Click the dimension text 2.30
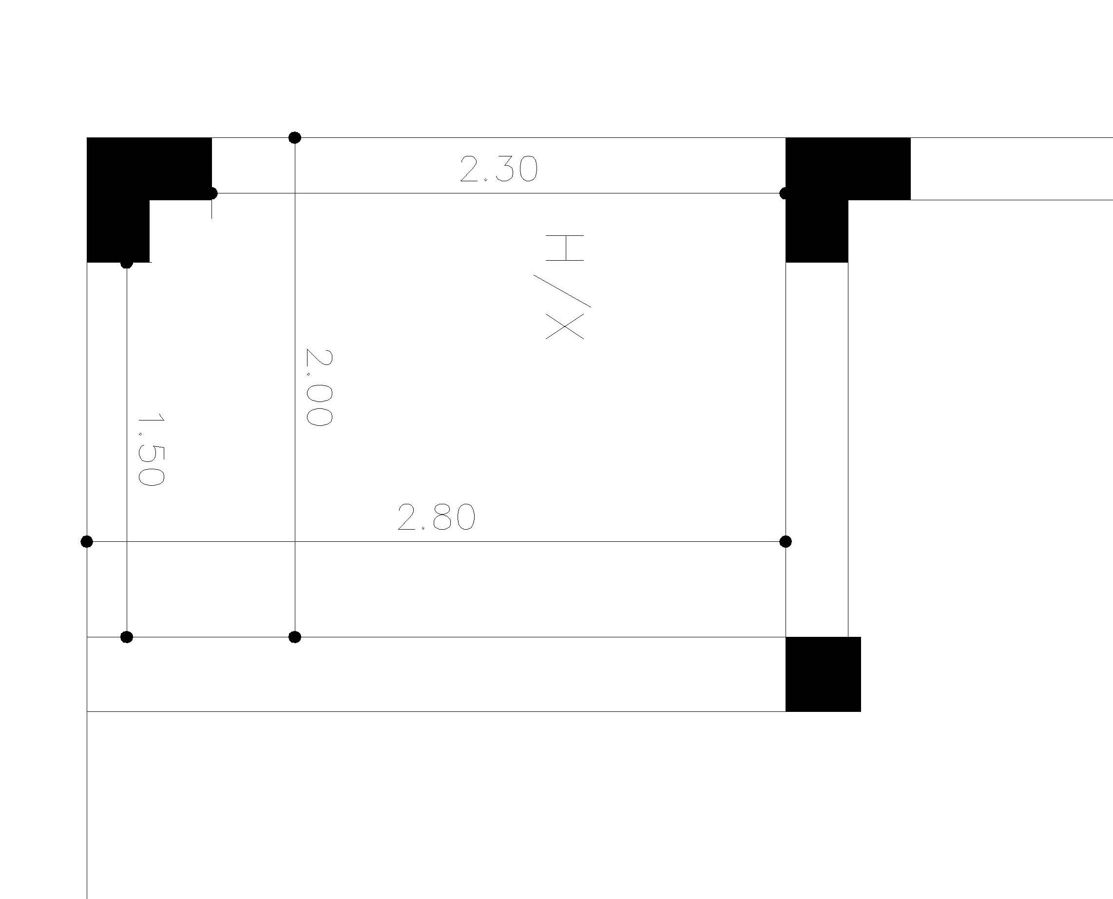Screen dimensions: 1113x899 point(499,170)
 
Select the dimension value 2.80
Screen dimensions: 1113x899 point(436,517)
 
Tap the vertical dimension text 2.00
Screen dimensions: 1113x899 point(319,387)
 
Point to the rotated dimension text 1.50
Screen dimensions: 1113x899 point(151,449)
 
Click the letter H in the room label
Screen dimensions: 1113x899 point(564,248)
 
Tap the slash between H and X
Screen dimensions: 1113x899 point(562,290)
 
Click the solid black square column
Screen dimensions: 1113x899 point(823,674)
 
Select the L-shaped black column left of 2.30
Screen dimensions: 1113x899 point(118,169)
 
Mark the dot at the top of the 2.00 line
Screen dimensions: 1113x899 point(295,137)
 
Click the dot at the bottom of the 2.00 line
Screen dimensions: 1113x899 point(295,637)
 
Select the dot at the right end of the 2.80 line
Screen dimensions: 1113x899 point(785,542)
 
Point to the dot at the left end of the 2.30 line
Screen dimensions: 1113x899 point(211,193)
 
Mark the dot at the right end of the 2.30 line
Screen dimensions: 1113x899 point(785,193)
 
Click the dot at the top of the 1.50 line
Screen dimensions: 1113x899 point(127,263)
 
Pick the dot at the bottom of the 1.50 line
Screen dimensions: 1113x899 point(127,637)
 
